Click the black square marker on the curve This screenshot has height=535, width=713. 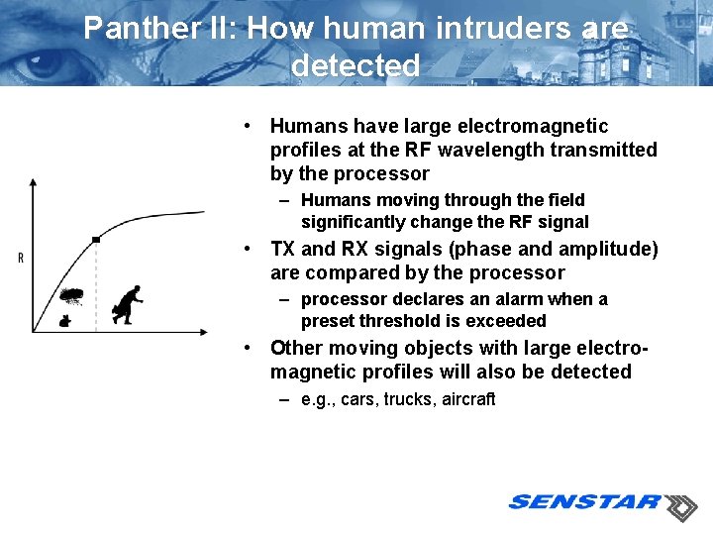pyautogui.click(x=96, y=239)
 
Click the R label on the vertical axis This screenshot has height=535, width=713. pyautogui.click(x=21, y=259)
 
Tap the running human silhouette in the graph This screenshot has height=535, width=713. pyautogui.click(x=128, y=303)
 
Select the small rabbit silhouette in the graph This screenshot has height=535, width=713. pyautogui.click(x=65, y=319)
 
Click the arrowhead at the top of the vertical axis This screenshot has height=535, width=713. pyautogui.click(x=33, y=183)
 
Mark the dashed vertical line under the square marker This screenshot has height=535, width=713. pyautogui.click(x=96, y=287)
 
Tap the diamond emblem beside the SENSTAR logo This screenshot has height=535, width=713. pyautogui.click(x=680, y=507)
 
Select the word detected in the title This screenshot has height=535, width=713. pyautogui.click(x=356, y=66)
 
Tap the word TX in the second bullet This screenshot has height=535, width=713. pyautogui.click(x=283, y=249)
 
